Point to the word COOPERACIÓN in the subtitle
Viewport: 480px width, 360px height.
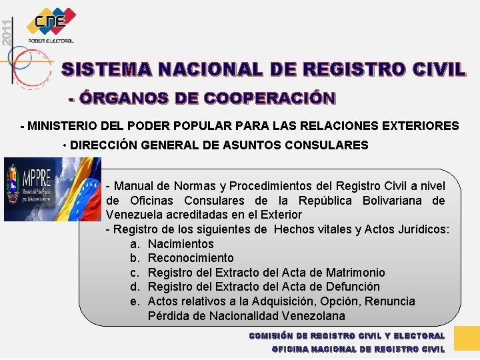pos(269,99)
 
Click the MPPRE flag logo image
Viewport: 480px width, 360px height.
pos(52,189)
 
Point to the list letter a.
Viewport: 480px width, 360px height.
pos(134,244)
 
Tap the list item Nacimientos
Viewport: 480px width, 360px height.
pos(181,244)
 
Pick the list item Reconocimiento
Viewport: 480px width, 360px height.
pos(191,258)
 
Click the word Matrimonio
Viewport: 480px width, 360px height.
pos(355,273)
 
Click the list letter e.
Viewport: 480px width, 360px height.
pos(134,301)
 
